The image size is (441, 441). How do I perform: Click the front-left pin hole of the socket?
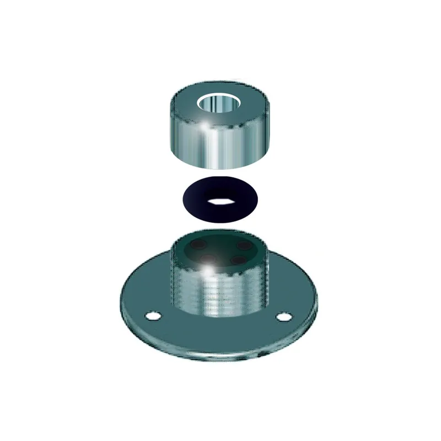pos(205,259)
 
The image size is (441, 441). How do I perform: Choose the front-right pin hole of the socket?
pos(238,259)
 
